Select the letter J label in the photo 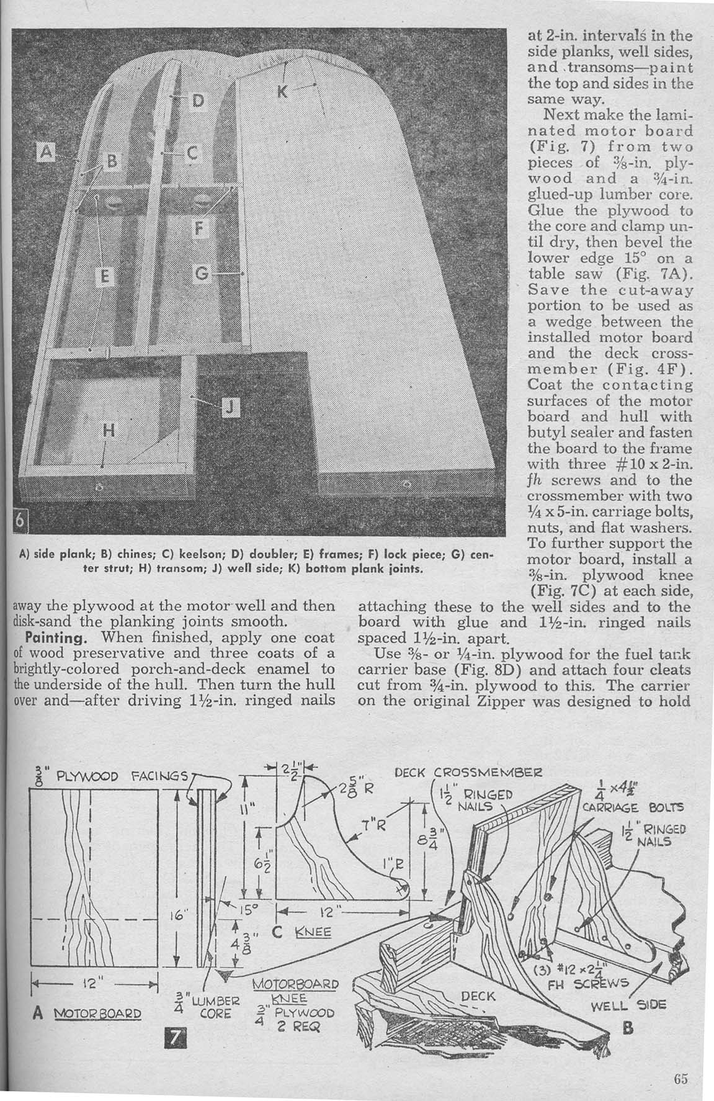pos(229,407)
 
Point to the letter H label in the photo pos(108,432)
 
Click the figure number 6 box pos(19,523)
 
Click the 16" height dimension pos(176,915)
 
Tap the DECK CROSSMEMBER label pos(471,774)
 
